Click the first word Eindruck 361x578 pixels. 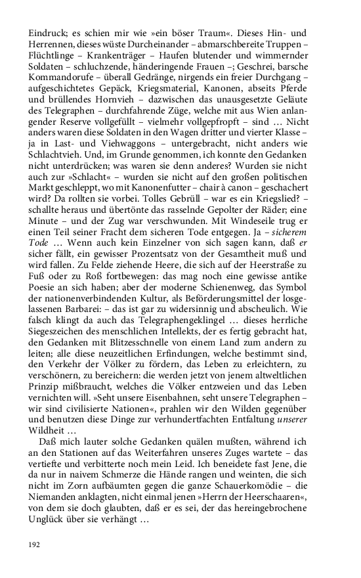45,33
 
